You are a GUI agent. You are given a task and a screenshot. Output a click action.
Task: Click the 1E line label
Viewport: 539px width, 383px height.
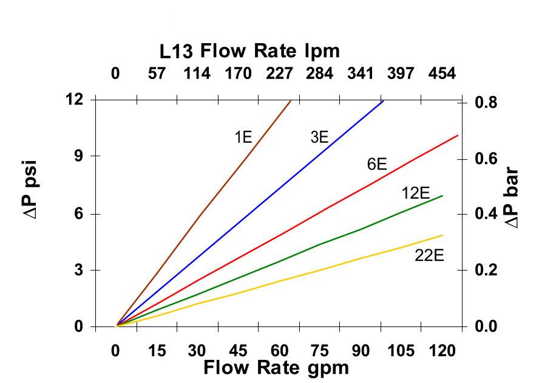tap(243, 137)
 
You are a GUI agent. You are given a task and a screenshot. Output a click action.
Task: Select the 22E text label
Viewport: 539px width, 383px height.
tap(429, 255)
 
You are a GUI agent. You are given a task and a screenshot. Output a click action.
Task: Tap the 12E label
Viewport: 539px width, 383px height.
tap(415, 194)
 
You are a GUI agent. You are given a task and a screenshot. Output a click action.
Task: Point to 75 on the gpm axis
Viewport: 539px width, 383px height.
tap(320, 351)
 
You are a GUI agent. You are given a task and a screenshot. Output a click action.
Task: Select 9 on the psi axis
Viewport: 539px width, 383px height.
tap(78, 156)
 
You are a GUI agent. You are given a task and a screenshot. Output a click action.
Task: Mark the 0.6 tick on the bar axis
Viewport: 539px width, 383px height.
tap(485, 159)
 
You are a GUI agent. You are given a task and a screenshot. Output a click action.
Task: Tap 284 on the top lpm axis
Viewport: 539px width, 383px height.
tap(320, 74)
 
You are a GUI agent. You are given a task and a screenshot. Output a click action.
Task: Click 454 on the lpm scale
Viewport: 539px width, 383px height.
tap(442, 74)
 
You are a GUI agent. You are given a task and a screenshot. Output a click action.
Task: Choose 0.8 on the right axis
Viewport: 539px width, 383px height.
tap(485, 103)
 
